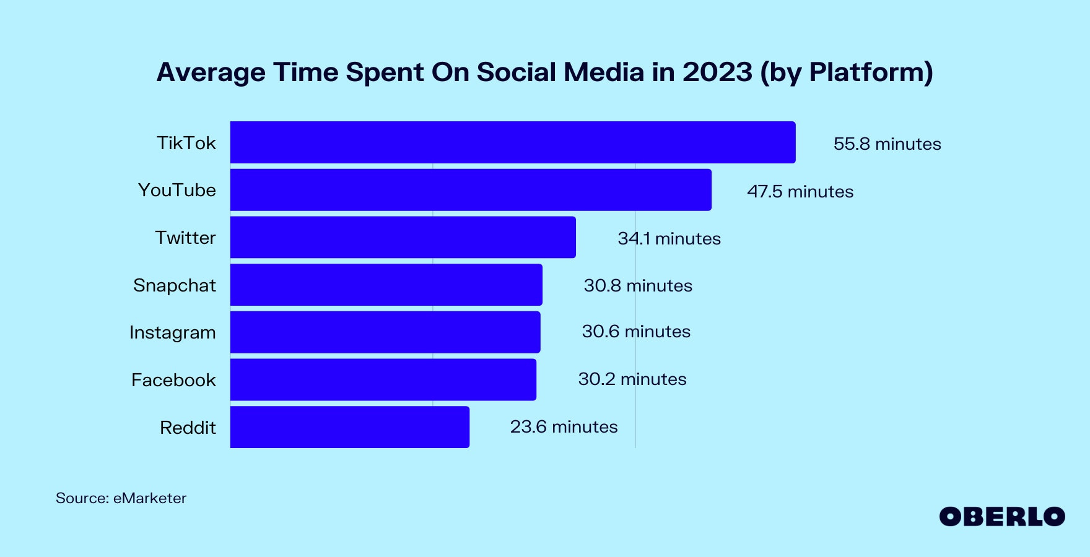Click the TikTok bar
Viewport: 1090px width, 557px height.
coord(513,142)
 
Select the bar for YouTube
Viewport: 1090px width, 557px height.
coord(471,190)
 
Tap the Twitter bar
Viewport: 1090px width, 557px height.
coord(403,237)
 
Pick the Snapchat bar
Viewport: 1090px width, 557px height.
coord(386,285)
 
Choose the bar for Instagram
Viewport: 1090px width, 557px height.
coord(385,332)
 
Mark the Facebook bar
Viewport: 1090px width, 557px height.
coord(383,379)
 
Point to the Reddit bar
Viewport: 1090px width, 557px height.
coord(350,427)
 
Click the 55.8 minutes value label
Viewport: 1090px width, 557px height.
coord(887,144)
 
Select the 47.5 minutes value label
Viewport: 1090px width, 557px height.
coord(800,191)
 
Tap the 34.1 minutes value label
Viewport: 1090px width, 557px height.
coord(669,238)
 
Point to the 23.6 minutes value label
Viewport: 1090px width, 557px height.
coord(564,426)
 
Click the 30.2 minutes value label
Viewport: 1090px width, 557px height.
coord(632,379)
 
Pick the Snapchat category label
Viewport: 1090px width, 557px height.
coord(175,285)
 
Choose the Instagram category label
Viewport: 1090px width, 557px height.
coord(173,332)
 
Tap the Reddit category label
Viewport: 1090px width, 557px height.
coord(188,428)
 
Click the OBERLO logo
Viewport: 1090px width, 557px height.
coord(1001,517)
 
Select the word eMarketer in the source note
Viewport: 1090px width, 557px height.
coord(149,498)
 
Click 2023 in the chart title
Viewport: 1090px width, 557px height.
coord(717,72)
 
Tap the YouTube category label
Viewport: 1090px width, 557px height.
coord(177,190)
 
